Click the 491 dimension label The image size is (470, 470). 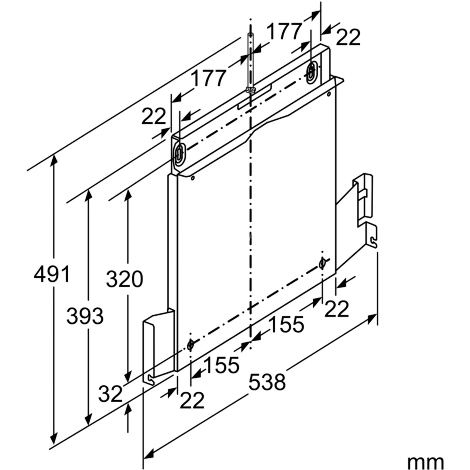(x=52, y=274)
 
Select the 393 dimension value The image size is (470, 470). (x=85, y=316)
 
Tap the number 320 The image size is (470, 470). (x=124, y=279)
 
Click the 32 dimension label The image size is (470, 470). (x=110, y=394)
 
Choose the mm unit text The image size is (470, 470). (x=425, y=462)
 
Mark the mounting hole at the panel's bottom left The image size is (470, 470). (x=190, y=345)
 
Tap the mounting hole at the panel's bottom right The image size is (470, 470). (x=322, y=263)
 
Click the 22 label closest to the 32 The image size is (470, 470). (x=192, y=400)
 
